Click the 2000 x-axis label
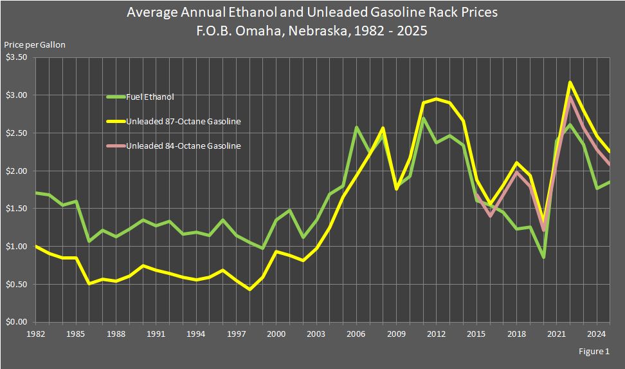(276, 334)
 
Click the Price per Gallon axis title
(35, 44)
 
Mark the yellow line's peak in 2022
(570, 82)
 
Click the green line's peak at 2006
(356, 128)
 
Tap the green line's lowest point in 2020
(543, 258)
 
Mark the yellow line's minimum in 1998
(249, 290)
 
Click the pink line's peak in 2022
(570, 97)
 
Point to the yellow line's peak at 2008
(383, 128)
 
